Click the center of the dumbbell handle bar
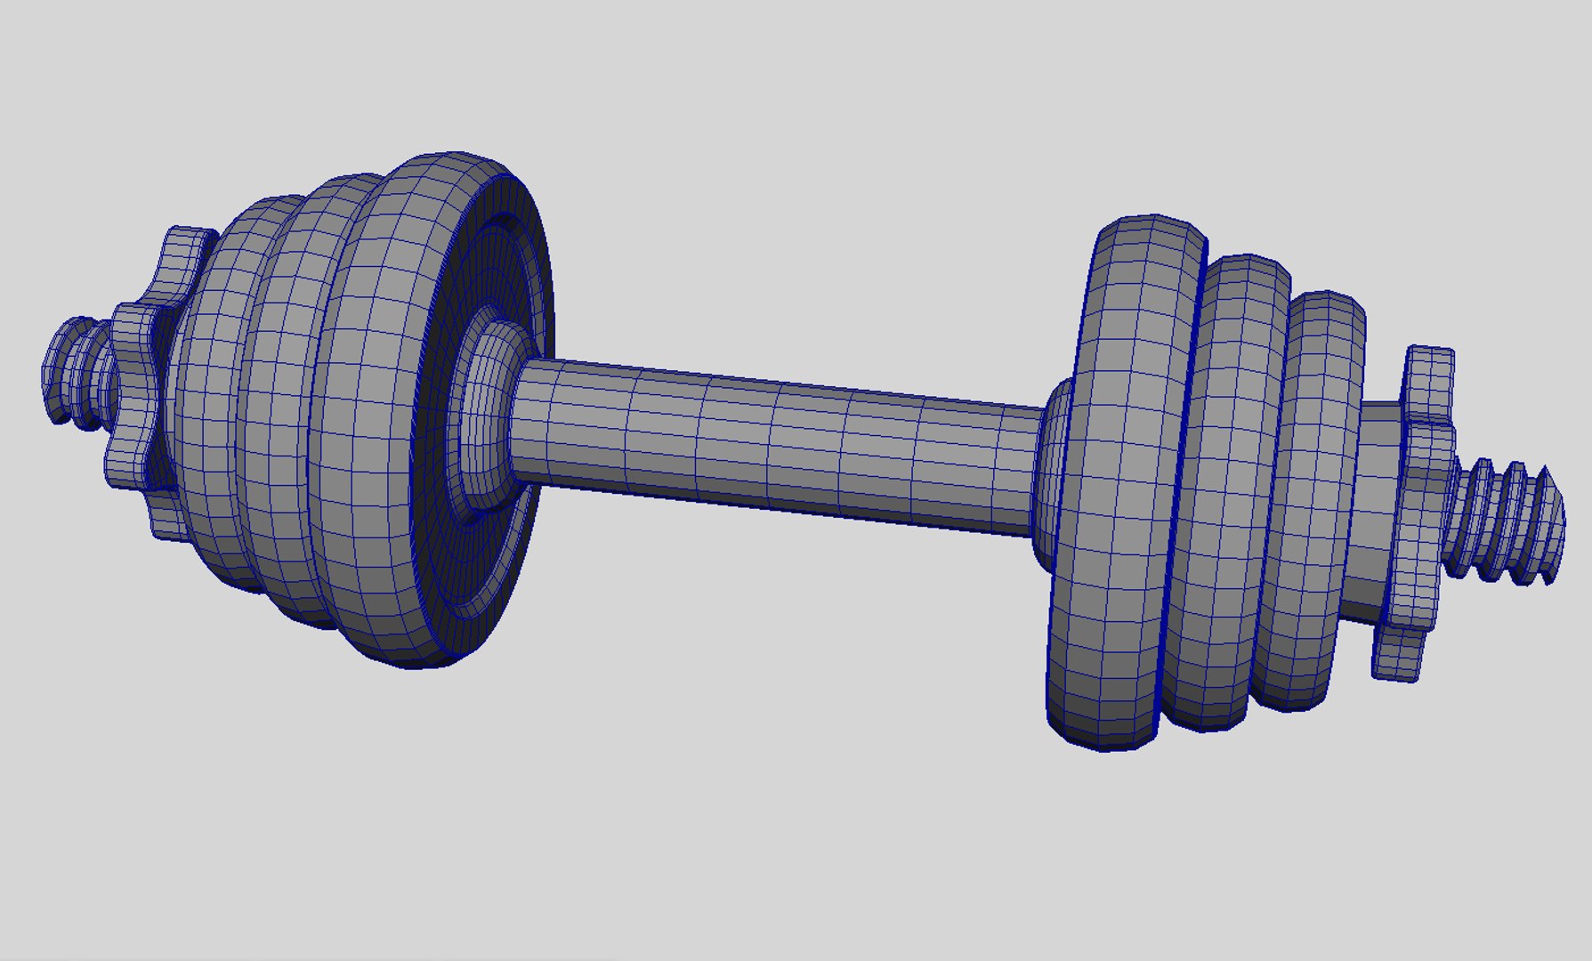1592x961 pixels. click(774, 445)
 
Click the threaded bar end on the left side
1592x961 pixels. click(76, 369)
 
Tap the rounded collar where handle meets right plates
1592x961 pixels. click(1050, 472)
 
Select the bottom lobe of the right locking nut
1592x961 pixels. click(1397, 654)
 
